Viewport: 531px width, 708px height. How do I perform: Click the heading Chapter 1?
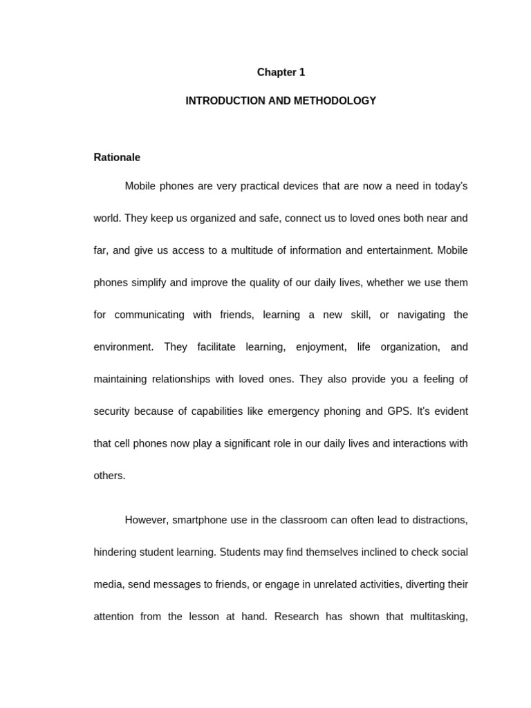pyautogui.click(x=281, y=73)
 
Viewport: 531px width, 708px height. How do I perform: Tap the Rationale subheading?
pyautogui.click(x=117, y=158)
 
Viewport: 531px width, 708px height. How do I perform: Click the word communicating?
pyautogui.click(x=149, y=315)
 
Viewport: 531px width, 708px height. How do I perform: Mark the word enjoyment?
pyautogui.click(x=321, y=347)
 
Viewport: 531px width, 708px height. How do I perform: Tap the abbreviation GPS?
pyautogui.click(x=398, y=411)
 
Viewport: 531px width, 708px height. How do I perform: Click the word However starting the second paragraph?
pyautogui.click(x=146, y=520)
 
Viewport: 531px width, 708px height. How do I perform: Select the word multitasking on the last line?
pyautogui.click(x=437, y=616)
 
